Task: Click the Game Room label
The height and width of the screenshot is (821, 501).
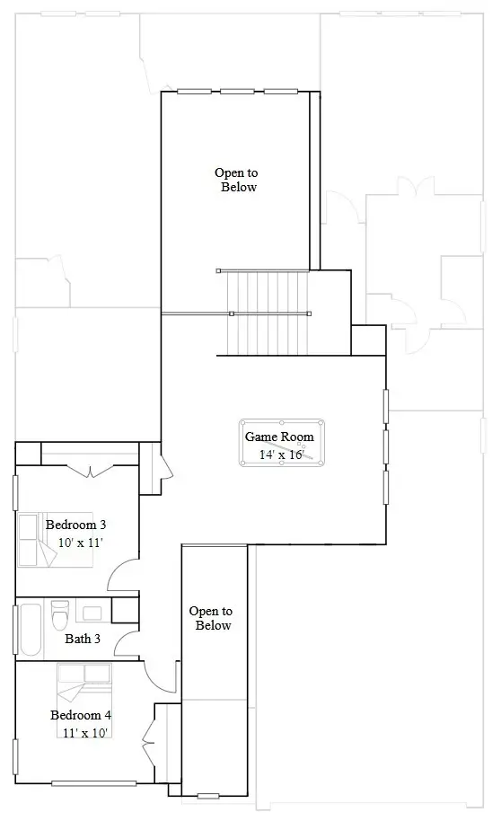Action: pyautogui.click(x=279, y=437)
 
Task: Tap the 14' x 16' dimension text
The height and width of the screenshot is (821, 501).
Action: pyautogui.click(x=281, y=455)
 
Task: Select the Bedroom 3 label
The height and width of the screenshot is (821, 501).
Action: pyautogui.click(x=76, y=525)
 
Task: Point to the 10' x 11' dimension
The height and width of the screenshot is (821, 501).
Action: pyautogui.click(x=81, y=543)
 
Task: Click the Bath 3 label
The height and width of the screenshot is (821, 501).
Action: pyautogui.click(x=83, y=640)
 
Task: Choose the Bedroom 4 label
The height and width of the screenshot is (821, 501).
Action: pyautogui.click(x=81, y=715)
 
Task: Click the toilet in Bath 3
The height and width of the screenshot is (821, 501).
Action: pyautogui.click(x=61, y=617)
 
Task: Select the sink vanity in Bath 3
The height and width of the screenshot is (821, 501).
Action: pyautogui.click(x=92, y=614)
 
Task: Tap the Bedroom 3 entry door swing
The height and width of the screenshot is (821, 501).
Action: pyautogui.click(x=123, y=575)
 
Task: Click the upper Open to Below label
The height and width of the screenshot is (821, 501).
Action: pyautogui.click(x=236, y=180)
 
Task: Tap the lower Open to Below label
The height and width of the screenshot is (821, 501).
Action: pyautogui.click(x=211, y=618)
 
